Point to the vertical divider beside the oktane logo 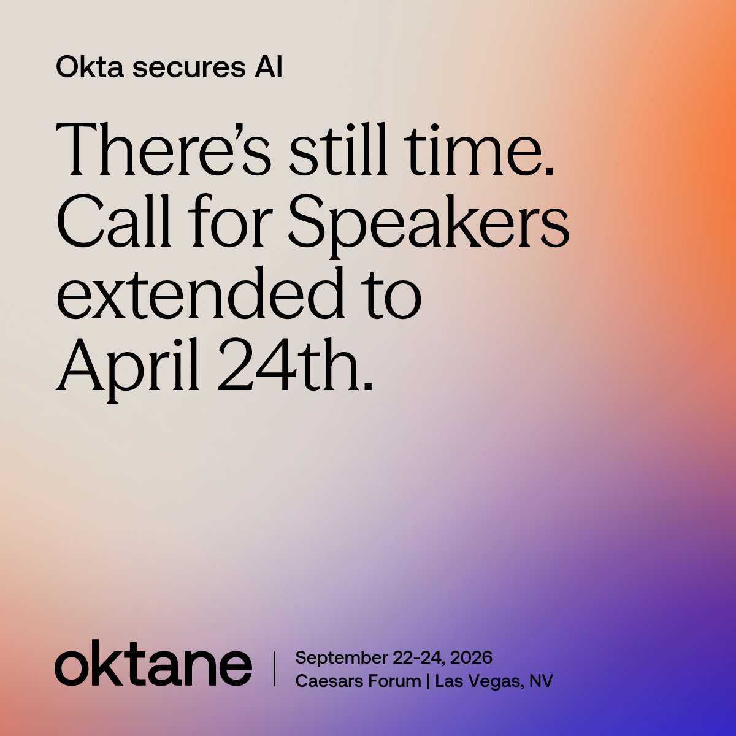pyautogui.click(x=274, y=669)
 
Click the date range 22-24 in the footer pyautogui.click(x=418, y=658)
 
